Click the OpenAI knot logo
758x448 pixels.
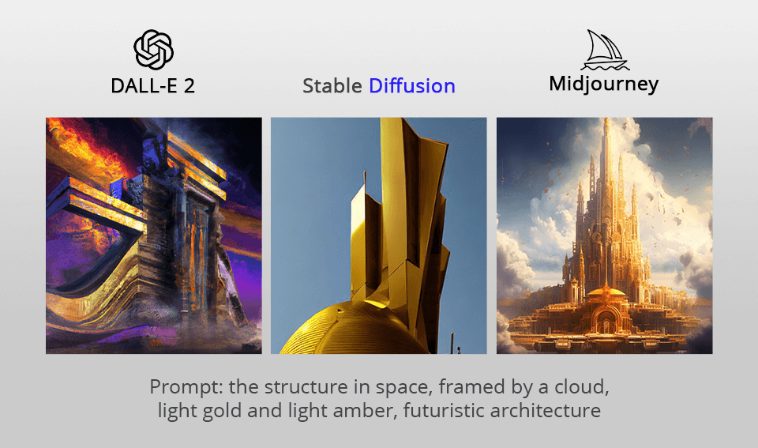click(x=153, y=50)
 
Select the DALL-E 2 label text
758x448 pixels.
click(x=153, y=85)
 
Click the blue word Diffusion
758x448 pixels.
click(x=412, y=85)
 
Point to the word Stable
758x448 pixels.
click(x=332, y=85)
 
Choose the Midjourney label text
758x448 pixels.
click(x=604, y=84)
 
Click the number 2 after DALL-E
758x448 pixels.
click(x=189, y=85)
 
